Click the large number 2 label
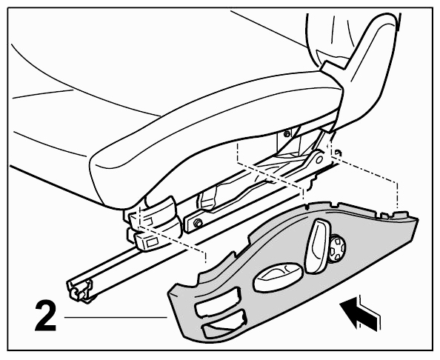click(x=46, y=316)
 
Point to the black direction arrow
click(x=359, y=312)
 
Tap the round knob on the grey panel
click(x=337, y=248)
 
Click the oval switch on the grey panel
click(x=279, y=277)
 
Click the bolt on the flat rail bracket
click(x=199, y=222)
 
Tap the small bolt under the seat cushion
click(x=287, y=134)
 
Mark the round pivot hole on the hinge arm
click(x=319, y=159)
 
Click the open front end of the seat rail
click(x=79, y=290)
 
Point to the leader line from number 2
click(x=116, y=317)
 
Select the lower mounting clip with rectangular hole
click(x=147, y=239)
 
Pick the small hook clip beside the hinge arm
click(x=338, y=153)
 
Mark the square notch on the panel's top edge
click(x=384, y=216)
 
